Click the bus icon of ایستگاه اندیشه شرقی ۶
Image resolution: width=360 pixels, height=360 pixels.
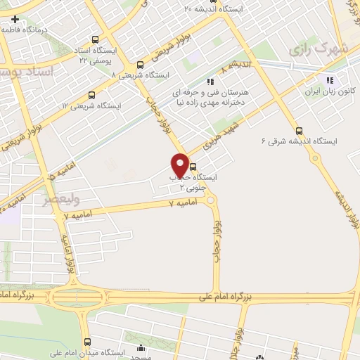click(300, 131)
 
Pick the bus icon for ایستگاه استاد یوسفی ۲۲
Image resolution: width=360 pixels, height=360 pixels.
click(95, 40)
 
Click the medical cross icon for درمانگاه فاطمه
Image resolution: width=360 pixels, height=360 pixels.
click(6, 18)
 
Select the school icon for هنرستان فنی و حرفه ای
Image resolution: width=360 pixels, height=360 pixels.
click(209, 82)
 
